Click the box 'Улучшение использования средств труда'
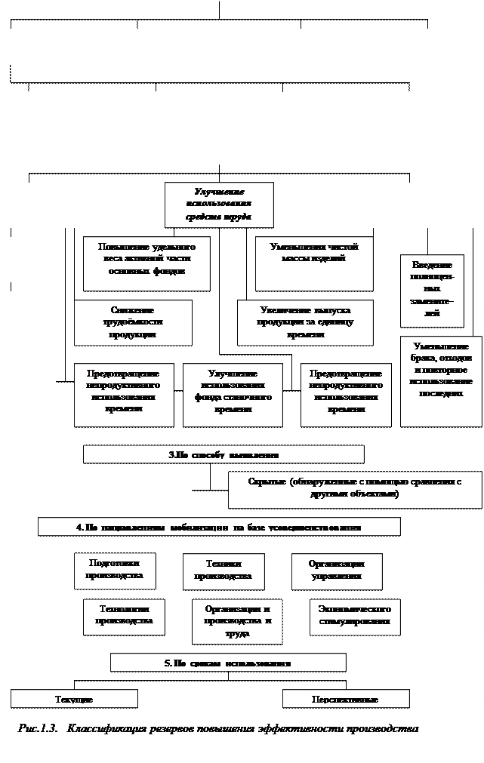click(219, 205)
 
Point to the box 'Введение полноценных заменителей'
click(432, 291)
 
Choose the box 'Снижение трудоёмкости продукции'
click(133, 322)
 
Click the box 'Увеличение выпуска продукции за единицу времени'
click(305, 322)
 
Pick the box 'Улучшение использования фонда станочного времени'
click(233, 395)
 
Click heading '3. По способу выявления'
click(224, 454)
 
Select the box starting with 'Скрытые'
click(355, 489)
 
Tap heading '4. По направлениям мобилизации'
click(219, 527)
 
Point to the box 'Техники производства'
click(224, 571)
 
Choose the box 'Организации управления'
click(337, 571)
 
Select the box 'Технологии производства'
click(124, 617)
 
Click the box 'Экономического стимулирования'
click(355, 617)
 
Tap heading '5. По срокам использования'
click(228, 663)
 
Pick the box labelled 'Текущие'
click(74, 699)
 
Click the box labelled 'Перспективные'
click(346, 699)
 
